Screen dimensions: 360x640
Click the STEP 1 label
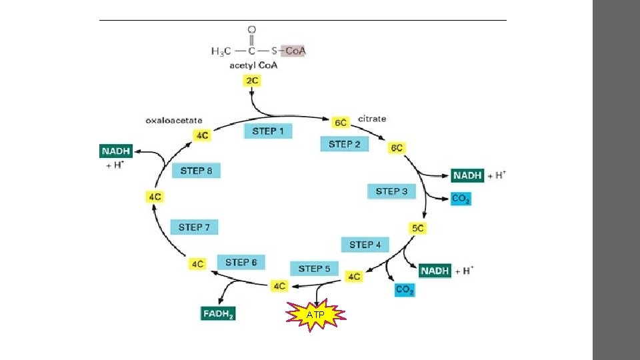tap(268, 131)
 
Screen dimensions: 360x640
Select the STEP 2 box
tap(345, 144)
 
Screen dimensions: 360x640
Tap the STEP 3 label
tap(391, 191)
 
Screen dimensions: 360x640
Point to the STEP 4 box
tap(365, 245)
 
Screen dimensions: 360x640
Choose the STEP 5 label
tap(314, 269)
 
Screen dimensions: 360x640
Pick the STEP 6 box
tap(241, 263)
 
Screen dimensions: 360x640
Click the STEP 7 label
tap(194, 227)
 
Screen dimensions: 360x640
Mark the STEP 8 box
tap(196, 171)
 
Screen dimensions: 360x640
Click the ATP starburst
tap(316, 315)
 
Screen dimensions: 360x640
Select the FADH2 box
tap(218, 313)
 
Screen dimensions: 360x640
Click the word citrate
tap(372, 119)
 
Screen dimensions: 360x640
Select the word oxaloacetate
tap(174, 121)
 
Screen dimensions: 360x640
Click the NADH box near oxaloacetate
tap(115, 152)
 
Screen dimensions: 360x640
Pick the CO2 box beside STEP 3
tap(460, 198)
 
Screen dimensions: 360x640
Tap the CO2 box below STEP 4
tap(404, 290)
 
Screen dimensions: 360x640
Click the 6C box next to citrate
tap(340, 122)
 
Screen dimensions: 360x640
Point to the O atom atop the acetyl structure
tap(251, 30)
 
